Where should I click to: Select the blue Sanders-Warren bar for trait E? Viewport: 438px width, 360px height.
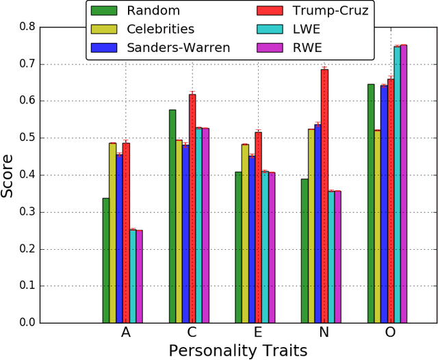(x=252, y=239)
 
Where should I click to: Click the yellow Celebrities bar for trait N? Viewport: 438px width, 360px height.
(x=311, y=225)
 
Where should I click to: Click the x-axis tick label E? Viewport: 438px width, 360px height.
(x=258, y=333)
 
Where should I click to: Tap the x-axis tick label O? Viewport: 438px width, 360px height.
(x=391, y=333)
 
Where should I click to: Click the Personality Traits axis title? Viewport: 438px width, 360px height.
(x=237, y=350)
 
